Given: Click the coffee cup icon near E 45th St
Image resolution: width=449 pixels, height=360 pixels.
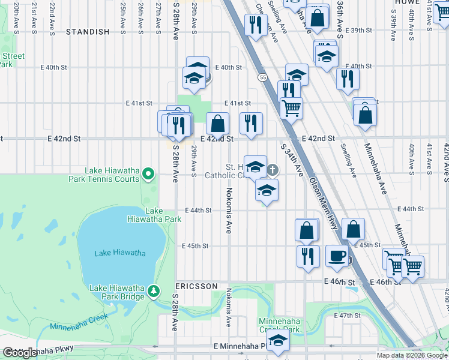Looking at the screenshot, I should pyautogui.click(x=337, y=256).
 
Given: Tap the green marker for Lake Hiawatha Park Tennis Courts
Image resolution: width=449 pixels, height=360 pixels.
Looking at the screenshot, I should pyautogui.click(x=148, y=175).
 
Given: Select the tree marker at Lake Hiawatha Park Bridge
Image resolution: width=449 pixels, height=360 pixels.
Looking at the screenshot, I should pyautogui.click(x=154, y=292).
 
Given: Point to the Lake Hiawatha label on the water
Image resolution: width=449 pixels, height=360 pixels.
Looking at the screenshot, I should pyautogui.click(x=120, y=253).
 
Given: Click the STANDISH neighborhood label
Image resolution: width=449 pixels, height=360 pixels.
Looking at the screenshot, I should pyautogui.click(x=88, y=31).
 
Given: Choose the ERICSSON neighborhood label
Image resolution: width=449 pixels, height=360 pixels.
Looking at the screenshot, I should pyautogui.click(x=196, y=286).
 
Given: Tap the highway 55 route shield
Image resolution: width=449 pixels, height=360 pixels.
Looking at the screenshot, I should pyautogui.click(x=262, y=77).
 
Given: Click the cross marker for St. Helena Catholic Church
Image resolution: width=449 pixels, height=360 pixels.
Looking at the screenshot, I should pyautogui.click(x=273, y=170).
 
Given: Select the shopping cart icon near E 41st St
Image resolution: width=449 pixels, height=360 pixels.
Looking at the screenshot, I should pyautogui.click(x=291, y=108).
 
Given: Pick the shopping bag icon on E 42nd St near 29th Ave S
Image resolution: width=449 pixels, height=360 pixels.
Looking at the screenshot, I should pyautogui.click(x=218, y=124).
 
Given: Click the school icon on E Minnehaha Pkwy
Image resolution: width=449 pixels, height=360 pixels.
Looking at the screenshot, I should pyautogui.click(x=278, y=341).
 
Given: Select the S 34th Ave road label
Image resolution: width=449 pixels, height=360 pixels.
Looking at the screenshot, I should pyautogui.click(x=291, y=159).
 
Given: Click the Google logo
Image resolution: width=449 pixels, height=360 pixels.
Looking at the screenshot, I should pyautogui.click(x=20, y=353).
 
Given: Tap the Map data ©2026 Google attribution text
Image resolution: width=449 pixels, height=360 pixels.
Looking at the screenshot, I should pyautogui.click(x=412, y=355).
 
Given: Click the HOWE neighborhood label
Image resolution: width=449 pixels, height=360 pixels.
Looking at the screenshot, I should pyautogui.click(x=406, y=2).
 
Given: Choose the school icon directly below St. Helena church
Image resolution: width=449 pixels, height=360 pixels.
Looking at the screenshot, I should pyautogui.click(x=267, y=191).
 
